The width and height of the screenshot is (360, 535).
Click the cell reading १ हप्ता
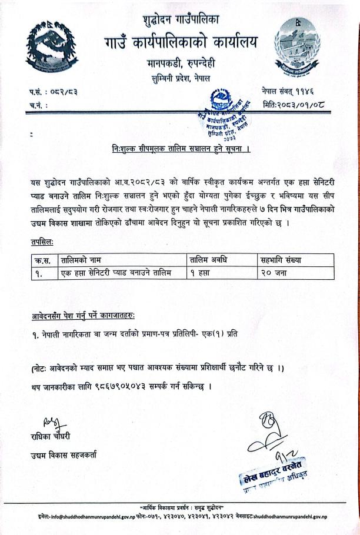click(x=202, y=273)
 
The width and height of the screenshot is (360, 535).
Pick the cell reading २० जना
click(x=275, y=273)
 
